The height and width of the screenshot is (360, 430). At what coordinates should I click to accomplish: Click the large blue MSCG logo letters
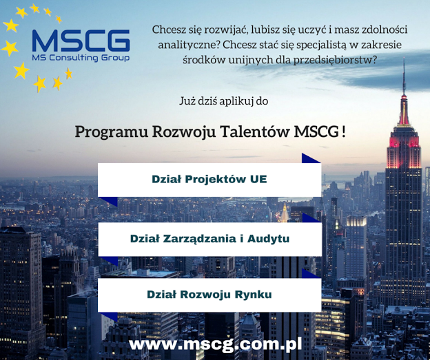[81, 41]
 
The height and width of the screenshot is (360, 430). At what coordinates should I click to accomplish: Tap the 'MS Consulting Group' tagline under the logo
[81, 58]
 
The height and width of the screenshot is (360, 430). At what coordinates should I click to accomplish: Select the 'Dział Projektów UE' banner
[209, 180]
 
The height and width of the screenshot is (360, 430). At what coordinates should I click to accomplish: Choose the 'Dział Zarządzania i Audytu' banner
[209, 239]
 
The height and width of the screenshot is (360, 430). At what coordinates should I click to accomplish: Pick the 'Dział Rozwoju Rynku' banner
[209, 295]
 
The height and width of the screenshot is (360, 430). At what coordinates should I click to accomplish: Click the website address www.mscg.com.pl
[215, 344]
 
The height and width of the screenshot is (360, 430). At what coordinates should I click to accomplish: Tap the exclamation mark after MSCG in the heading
[344, 132]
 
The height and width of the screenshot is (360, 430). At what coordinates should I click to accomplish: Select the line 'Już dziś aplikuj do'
[224, 100]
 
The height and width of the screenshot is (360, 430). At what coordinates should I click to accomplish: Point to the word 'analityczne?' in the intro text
[189, 45]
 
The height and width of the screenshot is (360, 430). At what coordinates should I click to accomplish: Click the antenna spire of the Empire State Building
[404, 76]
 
